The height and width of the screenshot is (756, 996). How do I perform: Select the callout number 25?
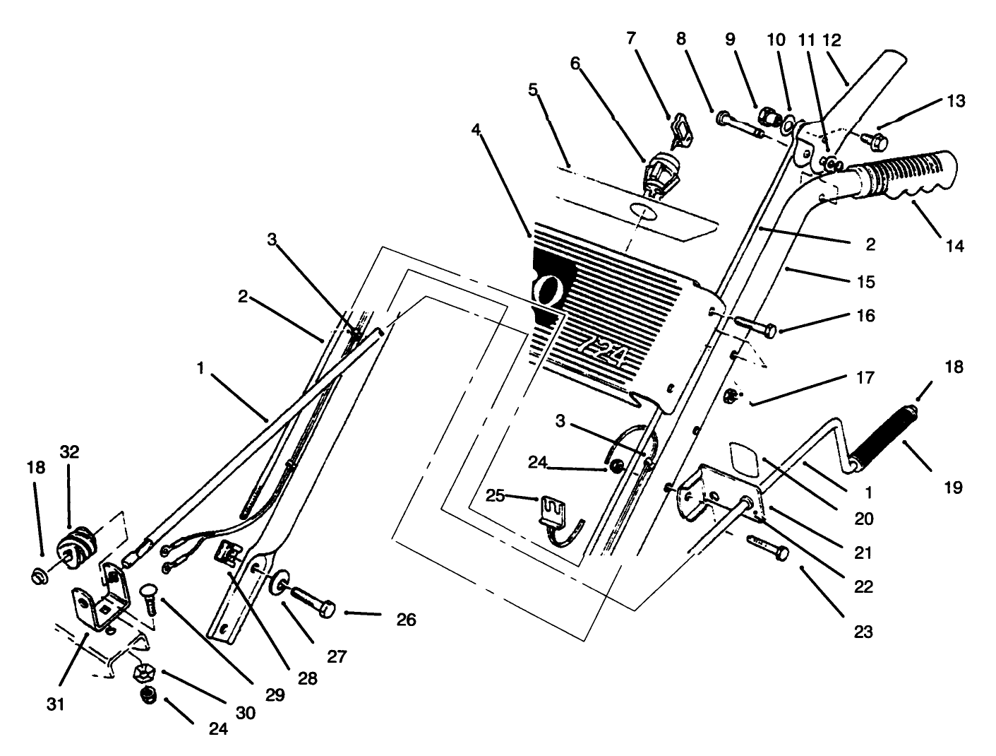click(495, 496)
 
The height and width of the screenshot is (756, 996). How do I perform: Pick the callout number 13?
click(956, 101)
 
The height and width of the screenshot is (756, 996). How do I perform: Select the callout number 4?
click(476, 131)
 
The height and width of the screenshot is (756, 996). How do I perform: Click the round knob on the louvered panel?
click(550, 289)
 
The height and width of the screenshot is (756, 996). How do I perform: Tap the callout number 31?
click(57, 704)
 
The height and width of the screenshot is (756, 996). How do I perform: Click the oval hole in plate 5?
click(642, 211)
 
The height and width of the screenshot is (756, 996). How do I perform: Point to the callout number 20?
click(863, 519)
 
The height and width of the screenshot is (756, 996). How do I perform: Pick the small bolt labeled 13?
click(875, 141)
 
